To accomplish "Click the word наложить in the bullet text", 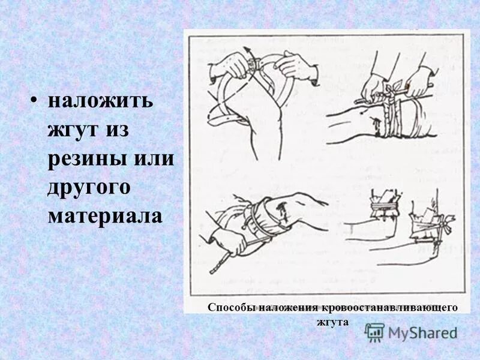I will [100, 101].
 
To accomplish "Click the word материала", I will [105, 215].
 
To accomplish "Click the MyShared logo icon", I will [374, 332].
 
